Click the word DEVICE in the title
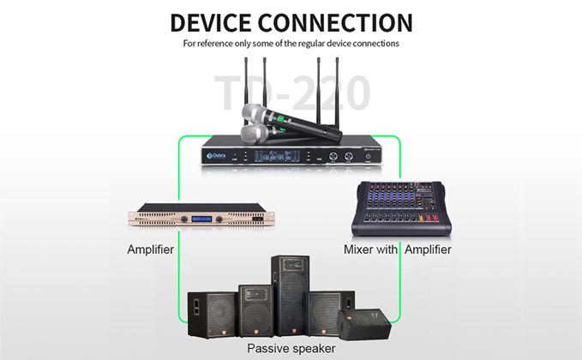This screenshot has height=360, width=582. coord(220,21)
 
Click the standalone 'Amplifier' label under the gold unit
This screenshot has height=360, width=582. coord(150,250)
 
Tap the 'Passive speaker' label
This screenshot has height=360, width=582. coord(291,348)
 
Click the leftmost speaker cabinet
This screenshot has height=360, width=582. coord(212,312)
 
